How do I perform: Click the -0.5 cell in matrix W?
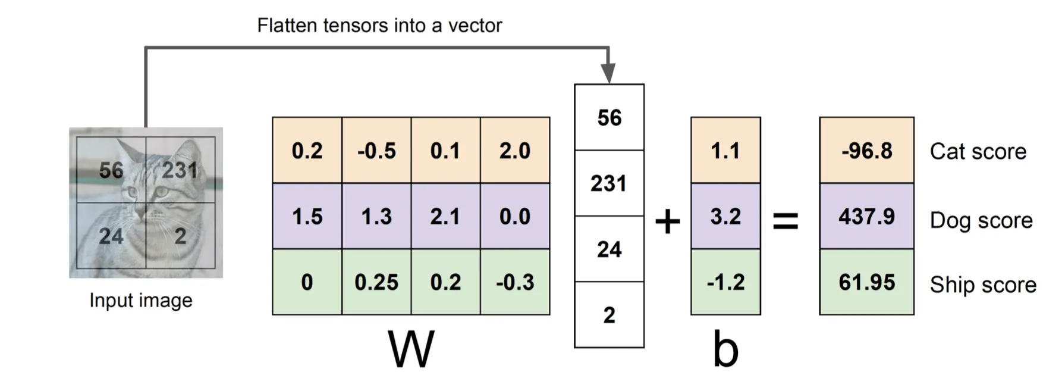[376, 150]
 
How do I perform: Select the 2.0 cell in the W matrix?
[515, 150]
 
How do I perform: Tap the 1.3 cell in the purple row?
[376, 216]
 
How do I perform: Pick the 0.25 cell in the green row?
[376, 282]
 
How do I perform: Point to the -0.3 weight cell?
[515, 282]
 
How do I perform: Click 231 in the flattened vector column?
[609, 183]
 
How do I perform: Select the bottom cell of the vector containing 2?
[609, 315]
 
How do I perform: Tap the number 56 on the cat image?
[111, 170]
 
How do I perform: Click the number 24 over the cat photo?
[111, 236]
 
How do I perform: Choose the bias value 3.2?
[725, 216]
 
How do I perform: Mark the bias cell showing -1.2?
[725, 282]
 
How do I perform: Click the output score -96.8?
[866, 150]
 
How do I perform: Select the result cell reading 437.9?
[866, 216]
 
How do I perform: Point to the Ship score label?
[983, 285]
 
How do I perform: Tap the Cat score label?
[978, 151]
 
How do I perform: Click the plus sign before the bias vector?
[668, 221]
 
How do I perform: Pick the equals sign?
[785, 221]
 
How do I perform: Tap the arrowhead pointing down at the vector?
[608, 73]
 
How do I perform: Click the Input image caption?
[141, 301]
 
